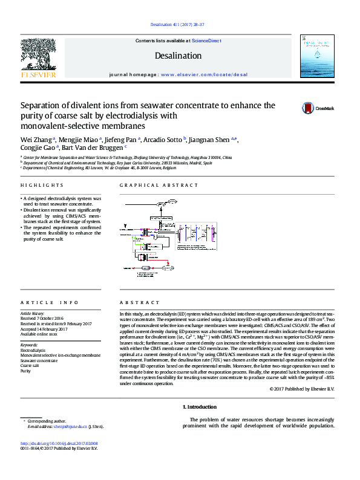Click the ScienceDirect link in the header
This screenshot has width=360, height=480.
[x=206, y=41]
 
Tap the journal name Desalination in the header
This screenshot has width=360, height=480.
[x=178, y=56]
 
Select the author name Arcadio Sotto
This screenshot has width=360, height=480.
[x=164, y=140]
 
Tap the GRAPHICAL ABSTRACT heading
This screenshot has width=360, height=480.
[x=159, y=185]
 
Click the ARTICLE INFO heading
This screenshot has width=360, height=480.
[x=50, y=302]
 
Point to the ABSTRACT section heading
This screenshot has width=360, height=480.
[x=140, y=302]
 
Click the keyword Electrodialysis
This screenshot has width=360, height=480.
[x=33, y=351]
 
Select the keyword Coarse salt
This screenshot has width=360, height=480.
[x=30, y=366]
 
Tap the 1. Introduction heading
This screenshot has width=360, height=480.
[x=199, y=406]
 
